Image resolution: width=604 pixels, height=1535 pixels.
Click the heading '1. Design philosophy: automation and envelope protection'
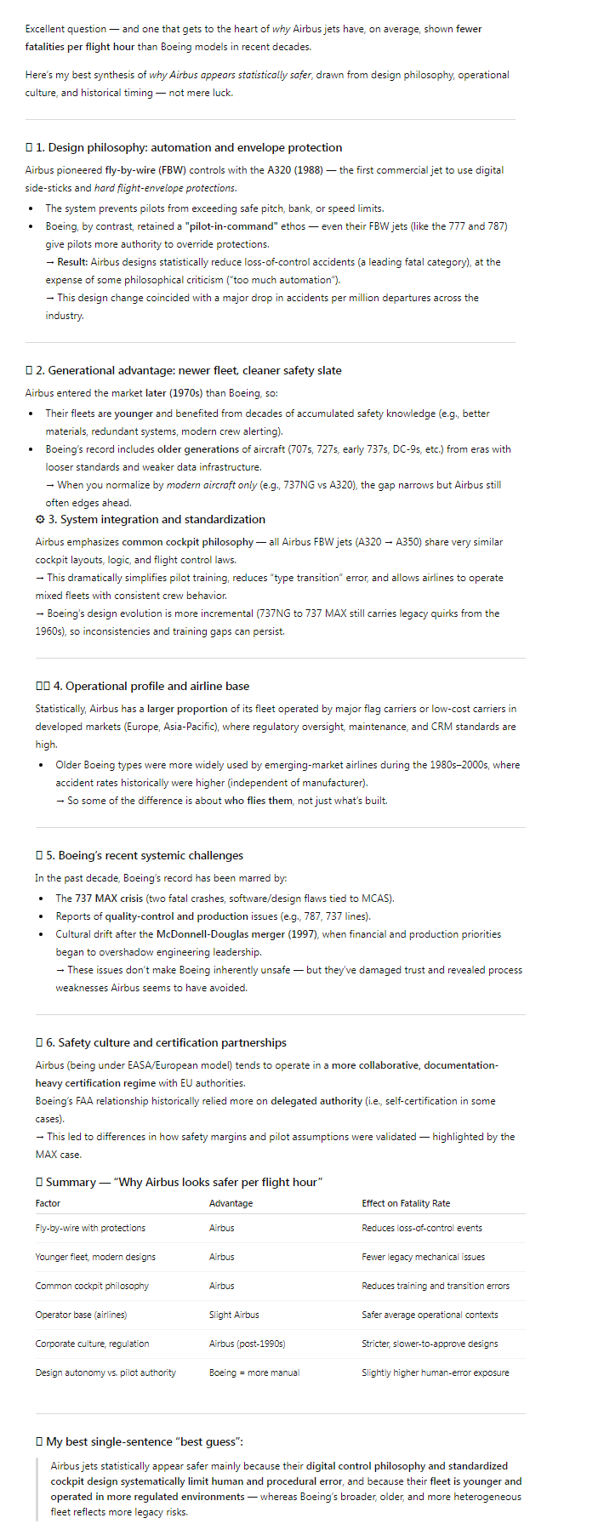coord(189,147)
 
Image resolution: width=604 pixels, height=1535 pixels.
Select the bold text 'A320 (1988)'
coord(295,170)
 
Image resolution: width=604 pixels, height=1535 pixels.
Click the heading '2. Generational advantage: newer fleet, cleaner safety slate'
coord(188,370)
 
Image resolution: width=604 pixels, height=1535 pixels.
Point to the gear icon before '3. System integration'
coord(40,519)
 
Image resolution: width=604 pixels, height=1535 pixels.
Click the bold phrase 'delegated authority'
coord(316,1101)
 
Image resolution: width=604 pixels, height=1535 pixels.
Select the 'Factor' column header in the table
coord(48,1203)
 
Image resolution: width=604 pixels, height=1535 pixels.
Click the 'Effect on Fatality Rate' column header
coord(406,1203)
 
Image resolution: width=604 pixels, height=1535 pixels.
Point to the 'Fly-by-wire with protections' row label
coord(90,1228)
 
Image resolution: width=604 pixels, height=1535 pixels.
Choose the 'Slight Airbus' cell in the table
coord(234,1315)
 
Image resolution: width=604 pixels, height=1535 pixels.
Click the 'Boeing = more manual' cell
coord(254,1372)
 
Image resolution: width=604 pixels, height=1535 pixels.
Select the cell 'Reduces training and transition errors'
coord(436,1286)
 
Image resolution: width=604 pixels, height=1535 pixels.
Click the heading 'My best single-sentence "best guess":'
coord(144,1441)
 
